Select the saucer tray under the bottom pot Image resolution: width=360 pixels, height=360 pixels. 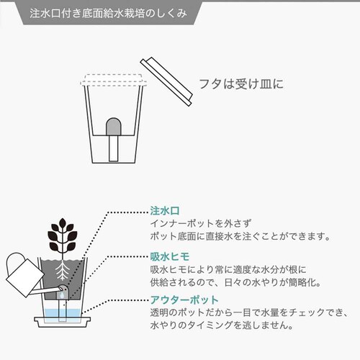(x=64, y=322)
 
